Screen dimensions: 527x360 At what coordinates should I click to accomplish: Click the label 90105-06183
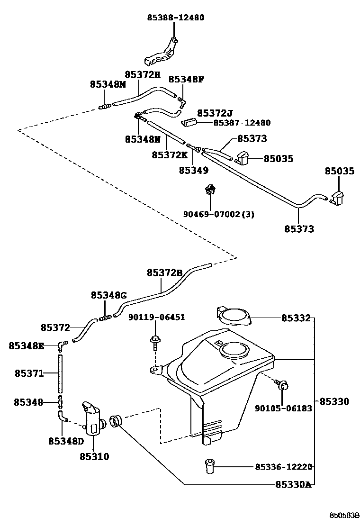point(283,408)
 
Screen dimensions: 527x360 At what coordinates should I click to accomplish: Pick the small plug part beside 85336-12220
point(209,466)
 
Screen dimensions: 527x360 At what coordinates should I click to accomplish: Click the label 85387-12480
point(242,123)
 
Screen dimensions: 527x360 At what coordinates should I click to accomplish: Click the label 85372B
point(164,273)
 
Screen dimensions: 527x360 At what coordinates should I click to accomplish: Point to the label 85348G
point(108,295)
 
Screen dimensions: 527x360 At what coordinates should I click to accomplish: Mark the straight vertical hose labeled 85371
point(60,373)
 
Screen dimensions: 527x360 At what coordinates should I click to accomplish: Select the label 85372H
point(143,74)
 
